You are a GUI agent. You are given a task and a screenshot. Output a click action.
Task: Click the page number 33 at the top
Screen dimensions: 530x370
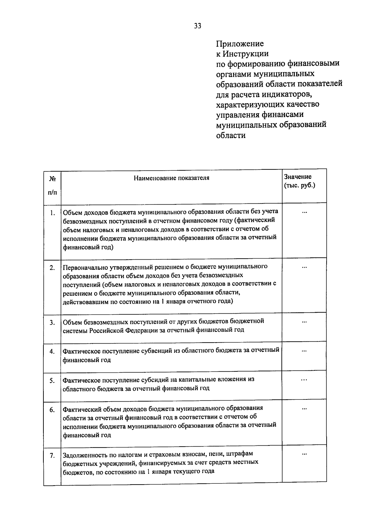[198, 26]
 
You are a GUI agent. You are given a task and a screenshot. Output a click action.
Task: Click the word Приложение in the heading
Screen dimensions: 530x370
[240, 43]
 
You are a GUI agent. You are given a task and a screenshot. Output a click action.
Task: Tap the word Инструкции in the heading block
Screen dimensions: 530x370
[246, 53]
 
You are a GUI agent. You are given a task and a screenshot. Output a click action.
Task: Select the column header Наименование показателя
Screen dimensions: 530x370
[171, 178]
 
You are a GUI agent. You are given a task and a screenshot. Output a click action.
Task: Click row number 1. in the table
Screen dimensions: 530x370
[53, 213]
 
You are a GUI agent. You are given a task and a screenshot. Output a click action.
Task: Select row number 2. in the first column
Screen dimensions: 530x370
[52, 268]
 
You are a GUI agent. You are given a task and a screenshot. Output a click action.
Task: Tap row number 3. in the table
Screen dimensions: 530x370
[52, 323]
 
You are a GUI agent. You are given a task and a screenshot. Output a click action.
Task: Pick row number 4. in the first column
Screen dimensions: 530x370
[52, 352]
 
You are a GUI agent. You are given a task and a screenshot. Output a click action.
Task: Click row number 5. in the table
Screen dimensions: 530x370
[52, 381]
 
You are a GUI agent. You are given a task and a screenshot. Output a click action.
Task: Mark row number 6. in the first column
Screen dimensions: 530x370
[52, 410]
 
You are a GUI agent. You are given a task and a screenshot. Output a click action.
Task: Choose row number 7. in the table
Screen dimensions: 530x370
[52, 455]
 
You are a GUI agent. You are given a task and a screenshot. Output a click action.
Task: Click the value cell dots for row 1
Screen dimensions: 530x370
[304, 212]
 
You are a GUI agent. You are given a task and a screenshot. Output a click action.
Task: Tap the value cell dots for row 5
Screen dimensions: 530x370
[304, 380]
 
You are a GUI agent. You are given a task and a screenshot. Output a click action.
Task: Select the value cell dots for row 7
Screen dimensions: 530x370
[304, 454]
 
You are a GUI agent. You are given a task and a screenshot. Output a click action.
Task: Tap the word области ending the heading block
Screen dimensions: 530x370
[231, 135]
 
